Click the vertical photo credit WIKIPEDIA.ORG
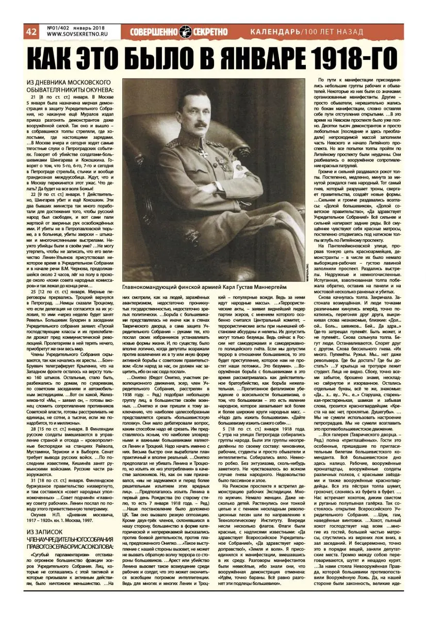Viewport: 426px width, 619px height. click(306, 266)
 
